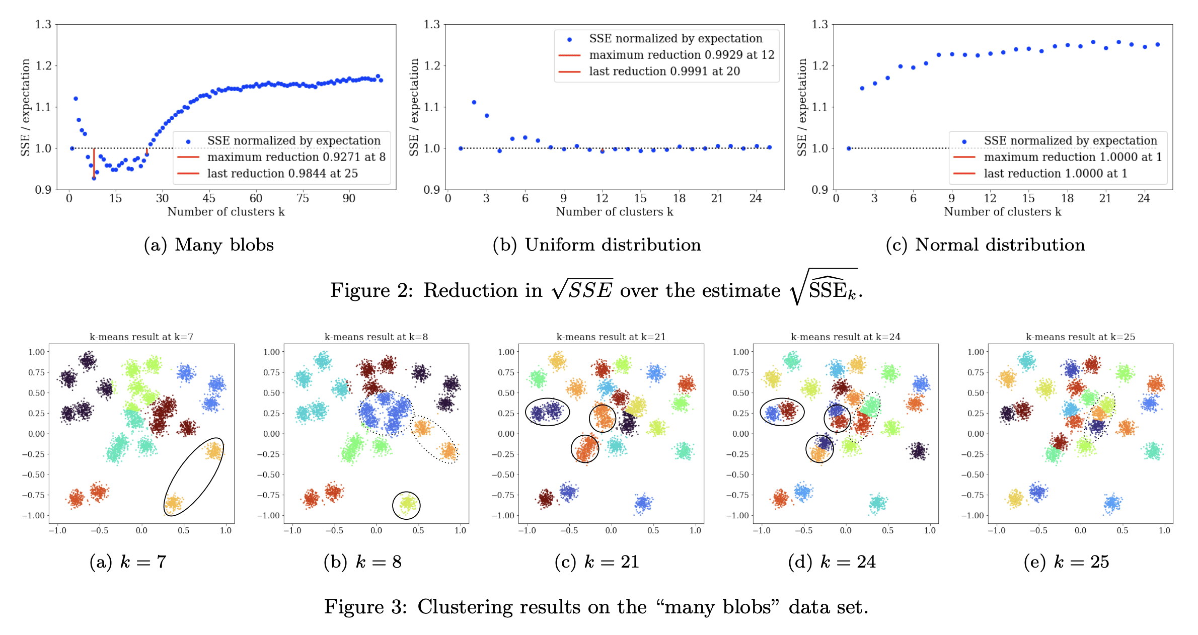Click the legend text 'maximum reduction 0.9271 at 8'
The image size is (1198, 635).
pyautogui.click(x=296, y=157)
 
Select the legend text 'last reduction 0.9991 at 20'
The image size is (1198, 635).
pyautogui.click(x=664, y=71)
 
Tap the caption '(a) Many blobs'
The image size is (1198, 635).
pyautogui.click(x=209, y=245)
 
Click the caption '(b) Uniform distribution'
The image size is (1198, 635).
pyautogui.click(x=597, y=245)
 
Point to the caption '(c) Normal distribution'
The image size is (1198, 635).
pyautogui.click(x=985, y=245)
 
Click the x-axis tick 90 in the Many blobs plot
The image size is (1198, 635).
pyautogui.click(x=349, y=198)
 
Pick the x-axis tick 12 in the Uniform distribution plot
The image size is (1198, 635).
pyautogui.click(x=602, y=198)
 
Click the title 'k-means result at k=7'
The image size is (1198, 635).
pyautogui.click(x=141, y=337)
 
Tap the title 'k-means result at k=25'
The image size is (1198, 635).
pyautogui.click(x=1080, y=337)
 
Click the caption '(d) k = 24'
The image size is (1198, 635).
pyautogui.click(x=832, y=562)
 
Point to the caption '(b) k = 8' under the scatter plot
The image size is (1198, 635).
pyautogui.click(x=362, y=562)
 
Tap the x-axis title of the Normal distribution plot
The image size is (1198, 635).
pyautogui.click(x=1002, y=212)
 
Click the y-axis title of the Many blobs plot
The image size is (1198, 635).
pyautogui.click(x=26, y=107)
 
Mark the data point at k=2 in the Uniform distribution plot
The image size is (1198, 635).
pyautogui.click(x=474, y=102)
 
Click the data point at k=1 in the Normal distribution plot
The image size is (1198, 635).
pyautogui.click(x=849, y=148)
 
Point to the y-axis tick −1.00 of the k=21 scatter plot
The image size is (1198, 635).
pyautogui.click(x=506, y=515)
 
